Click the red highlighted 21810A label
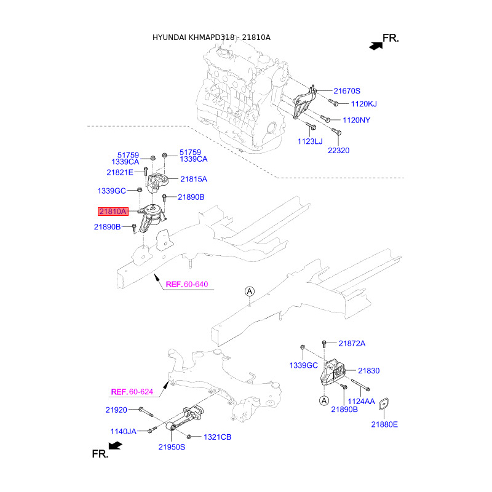coord(113,212)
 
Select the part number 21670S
coord(347,91)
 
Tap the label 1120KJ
coord(363,104)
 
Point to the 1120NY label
coord(357,120)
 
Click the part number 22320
coord(339,151)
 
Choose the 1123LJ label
coord(310,141)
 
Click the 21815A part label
coord(194,179)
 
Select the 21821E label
coord(120,172)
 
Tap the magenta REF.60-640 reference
coord(187,284)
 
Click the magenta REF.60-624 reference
coord(132,392)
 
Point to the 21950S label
coord(172,447)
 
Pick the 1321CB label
coord(218,437)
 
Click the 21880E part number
coord(384,424)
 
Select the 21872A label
coord(352,344)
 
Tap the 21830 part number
coord(368,371)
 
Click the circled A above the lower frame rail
coord(250,292)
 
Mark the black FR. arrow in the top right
coord(376,46)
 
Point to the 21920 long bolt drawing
coord(146,411)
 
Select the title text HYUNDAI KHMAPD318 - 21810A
coord(211,38)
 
